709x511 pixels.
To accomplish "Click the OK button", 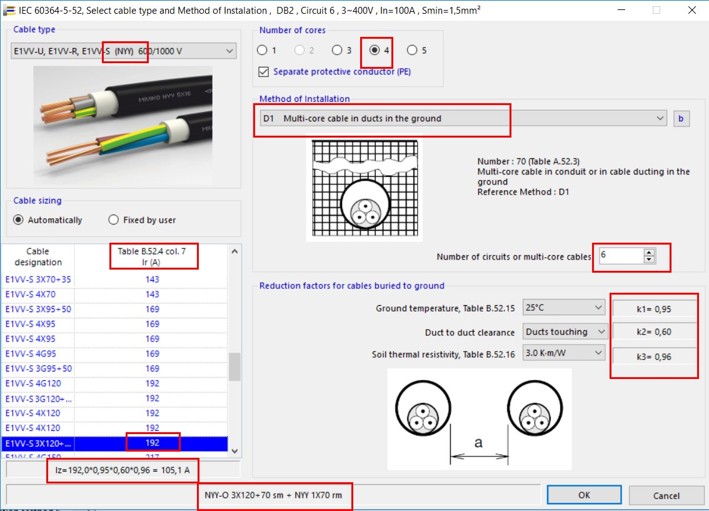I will pos(583,495).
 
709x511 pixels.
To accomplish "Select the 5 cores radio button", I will pos(412,50).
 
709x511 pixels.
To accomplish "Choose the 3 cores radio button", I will pos(337,50).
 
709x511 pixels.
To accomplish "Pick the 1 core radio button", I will pos(262,50).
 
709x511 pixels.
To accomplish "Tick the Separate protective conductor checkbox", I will pos(264,72).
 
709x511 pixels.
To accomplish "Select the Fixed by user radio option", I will pos(114,220).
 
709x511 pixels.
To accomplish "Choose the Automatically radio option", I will pos(19,220).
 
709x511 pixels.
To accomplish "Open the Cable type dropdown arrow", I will pos(229,51).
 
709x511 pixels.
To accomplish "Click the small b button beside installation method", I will pos(681,118).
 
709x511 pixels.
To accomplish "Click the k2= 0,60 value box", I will pos(655,331).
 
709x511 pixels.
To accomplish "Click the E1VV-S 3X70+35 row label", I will pos(38,280).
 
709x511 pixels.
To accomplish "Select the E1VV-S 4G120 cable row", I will pos(38,383).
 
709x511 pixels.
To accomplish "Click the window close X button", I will pos(691,11).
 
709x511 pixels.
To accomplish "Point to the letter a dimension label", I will pos(479,443).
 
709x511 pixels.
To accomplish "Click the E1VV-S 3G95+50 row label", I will pos(38,368).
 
